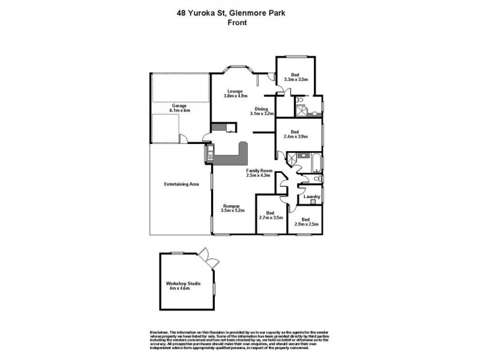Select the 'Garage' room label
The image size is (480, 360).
pyautogui.click(x=179, y=106)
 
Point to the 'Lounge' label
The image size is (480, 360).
pyautogui.click(x=235, y=91)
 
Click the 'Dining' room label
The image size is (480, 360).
pyautogui.click(x=262, y=109)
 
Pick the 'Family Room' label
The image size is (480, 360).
pyautogui.click(x=259, y=170)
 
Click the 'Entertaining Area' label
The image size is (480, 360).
pyautogui.click(x=181, y=184)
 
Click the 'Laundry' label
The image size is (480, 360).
pyautogui.click(x=311, y=197)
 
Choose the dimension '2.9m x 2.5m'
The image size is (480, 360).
pyautogui.click(x=306, y=224)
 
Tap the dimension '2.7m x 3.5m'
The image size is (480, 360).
pyautogui.click(x=270, y=217)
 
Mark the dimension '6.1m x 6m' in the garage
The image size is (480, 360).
pyautogui.click(x=179, y=110)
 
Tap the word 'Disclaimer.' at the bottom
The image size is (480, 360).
pyautogui.click(x=158, y=332)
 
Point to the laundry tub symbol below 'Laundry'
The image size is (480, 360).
pyautogui.click(x=313, y=203)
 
